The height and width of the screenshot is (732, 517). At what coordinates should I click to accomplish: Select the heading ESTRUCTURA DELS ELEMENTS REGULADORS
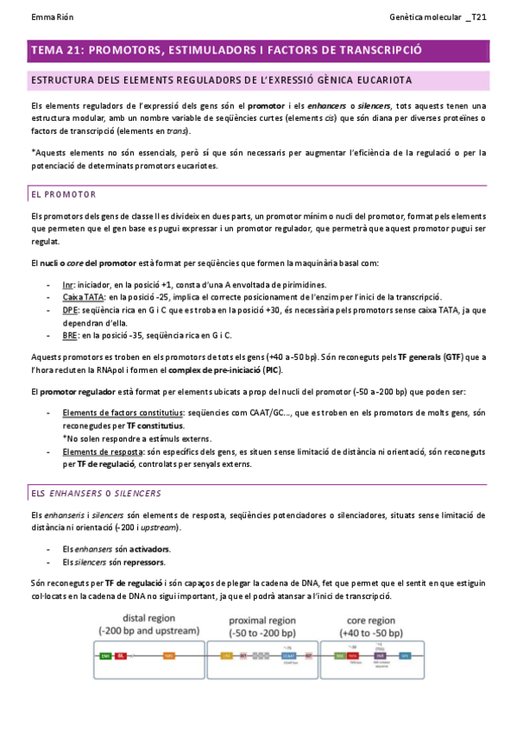[x=220, y=80]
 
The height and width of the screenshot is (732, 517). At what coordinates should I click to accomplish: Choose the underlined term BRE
[x=70, y=335]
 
